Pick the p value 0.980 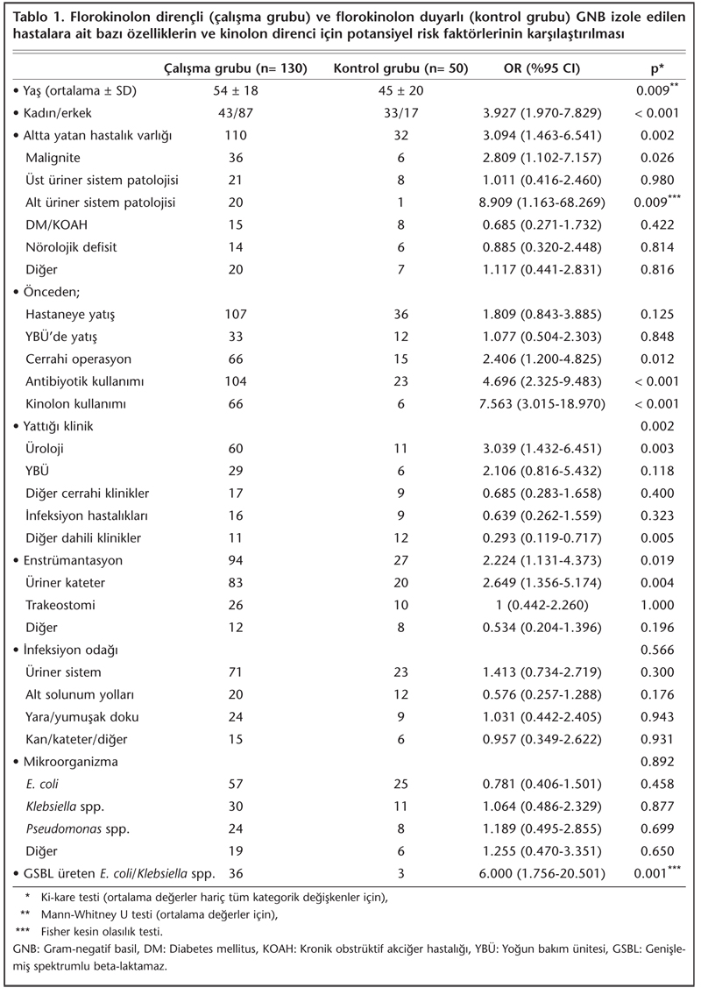pos(657,180)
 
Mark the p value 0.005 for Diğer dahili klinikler pos(657,537)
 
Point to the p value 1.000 pos(657,604)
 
